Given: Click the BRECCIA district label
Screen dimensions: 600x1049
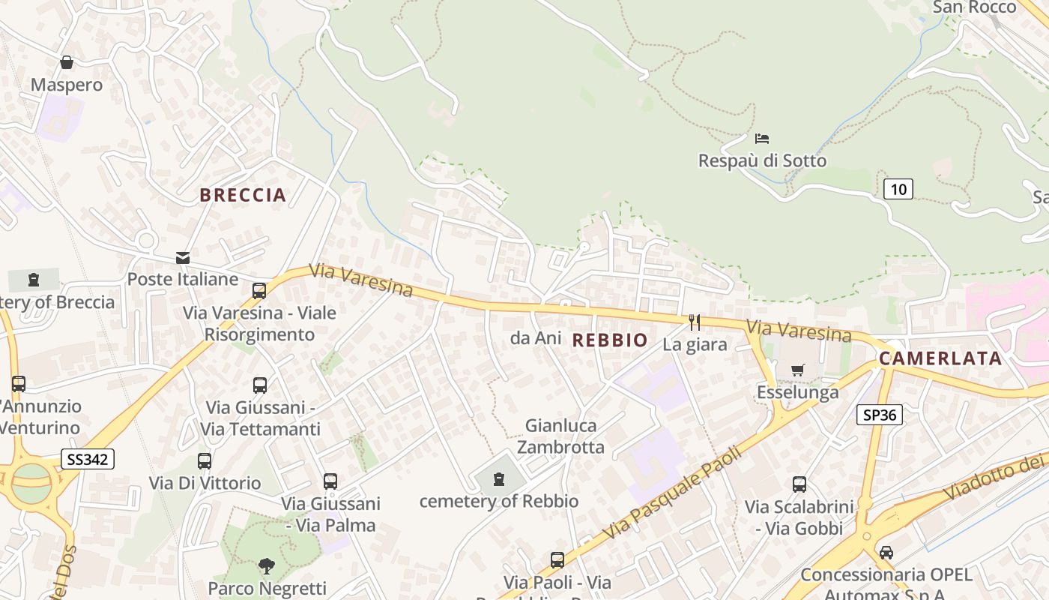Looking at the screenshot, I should pos(243,195).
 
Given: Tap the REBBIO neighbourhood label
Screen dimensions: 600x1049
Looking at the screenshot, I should pos(610,340).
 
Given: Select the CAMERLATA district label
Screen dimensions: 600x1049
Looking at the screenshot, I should pos(940,358).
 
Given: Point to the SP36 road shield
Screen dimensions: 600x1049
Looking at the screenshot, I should pos(880,415).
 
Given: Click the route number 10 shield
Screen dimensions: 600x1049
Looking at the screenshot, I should pos(898,189).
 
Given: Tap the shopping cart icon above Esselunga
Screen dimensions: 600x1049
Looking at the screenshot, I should pos(797,370).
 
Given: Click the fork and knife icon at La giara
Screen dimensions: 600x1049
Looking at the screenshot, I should pos(695,322).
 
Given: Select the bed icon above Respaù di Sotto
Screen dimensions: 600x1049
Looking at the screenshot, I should pos(762,139).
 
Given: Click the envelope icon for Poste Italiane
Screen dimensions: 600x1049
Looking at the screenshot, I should pos(182,258).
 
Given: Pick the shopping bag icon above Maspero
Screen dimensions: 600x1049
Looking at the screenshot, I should pos(67,62).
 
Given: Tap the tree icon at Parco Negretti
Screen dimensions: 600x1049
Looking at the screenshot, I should pos(266,565).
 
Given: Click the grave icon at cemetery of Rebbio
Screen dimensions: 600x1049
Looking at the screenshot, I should pos(498,478).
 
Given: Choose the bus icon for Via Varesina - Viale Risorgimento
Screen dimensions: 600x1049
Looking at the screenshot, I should pos(259,290).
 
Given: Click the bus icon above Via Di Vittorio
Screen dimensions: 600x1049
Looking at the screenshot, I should pos(204,460).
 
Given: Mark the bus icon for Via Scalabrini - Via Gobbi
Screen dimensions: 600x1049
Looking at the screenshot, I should pos(799,484).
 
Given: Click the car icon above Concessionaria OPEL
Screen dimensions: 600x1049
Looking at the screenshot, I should pos(886,553).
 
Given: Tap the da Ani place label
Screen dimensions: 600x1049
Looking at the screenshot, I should pos(535,338).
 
